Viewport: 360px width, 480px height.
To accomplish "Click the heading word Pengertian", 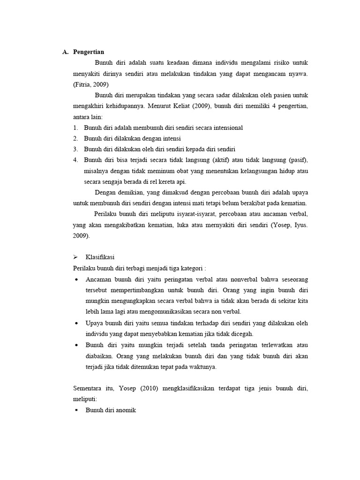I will point(89,52).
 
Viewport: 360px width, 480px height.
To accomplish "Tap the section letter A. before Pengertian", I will point(65,52).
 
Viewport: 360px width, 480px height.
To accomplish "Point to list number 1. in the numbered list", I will point(75,127).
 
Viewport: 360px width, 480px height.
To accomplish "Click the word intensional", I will point(227,127).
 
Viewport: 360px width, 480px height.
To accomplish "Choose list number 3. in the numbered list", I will point(75,149).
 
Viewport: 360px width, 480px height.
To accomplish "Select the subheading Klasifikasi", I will point(99,257).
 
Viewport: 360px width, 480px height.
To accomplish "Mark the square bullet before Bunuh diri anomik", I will point(76,410).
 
